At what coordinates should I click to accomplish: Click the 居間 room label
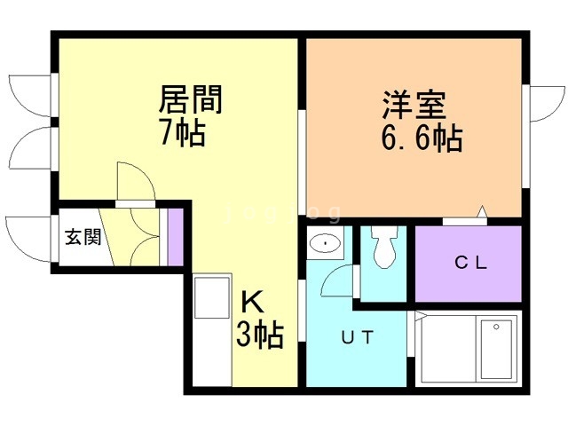(190, 98)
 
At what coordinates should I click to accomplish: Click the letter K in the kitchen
(251, 302)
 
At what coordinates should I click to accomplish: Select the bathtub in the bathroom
(495, 350)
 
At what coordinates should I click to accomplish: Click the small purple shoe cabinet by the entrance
(175, 237)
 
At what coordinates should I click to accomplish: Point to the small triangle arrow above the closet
(483, 211)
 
